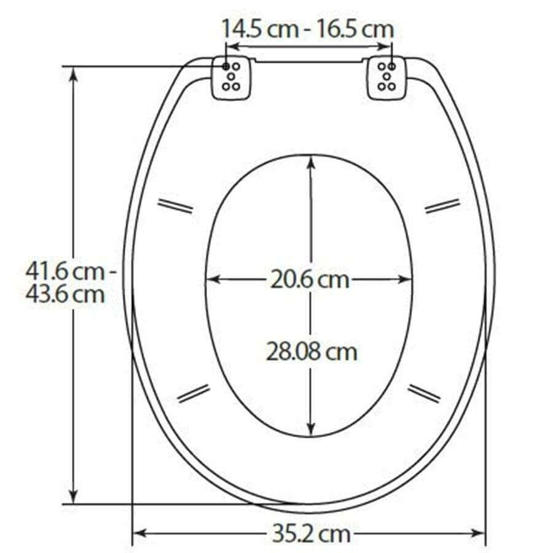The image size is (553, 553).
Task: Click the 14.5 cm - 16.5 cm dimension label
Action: tap(307, 29)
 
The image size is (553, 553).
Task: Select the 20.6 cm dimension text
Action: tap(310, 280)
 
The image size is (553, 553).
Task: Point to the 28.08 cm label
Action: tap(312, 352)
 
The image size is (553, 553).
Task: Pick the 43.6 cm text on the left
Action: tap(65, 294)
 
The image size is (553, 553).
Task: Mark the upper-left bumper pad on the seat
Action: tap(175, 206)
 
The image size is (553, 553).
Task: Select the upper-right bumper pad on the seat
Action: tap(442, 206)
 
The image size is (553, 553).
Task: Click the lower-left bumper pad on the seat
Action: tap(194, 393)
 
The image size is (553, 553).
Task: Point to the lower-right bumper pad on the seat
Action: tap(424, 393)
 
